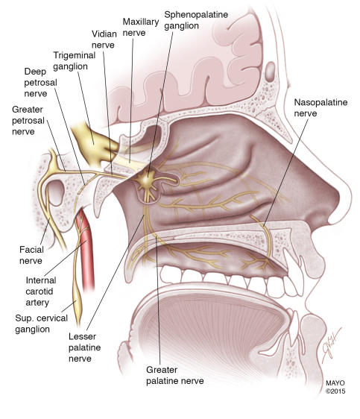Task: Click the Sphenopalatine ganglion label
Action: pyautogui.click(x=196, y=20)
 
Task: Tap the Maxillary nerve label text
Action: pyautogui.click(x=141, y=27)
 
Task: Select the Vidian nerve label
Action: pyautogui.click(x=104, y=40)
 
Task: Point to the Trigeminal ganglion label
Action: pyautogui.click(x=75, y=60)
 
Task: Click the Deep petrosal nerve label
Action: pyautogui.click(x=40, y=82)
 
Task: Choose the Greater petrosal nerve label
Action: pyautogui.click(x=28, y=120)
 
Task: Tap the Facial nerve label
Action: pyautogui.click(x=31, y=255)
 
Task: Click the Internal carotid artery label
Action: pyautogui.click(x=41, y=292)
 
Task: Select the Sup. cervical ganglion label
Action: pyautogui.click(x=42, y=324)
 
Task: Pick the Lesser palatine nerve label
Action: pyautogui.click(x=84, y=347)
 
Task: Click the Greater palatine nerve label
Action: pyautogui.click(x=174, y=375)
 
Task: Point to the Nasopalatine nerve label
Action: pyautogui.click(x=320, y=107)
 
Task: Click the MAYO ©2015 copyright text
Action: pyautogui.click(x=335, y=387)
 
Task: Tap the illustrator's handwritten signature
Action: pyautogui.click(x=331, y=344)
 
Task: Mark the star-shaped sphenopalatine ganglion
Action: pyautogui.click(x=146, y=182)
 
